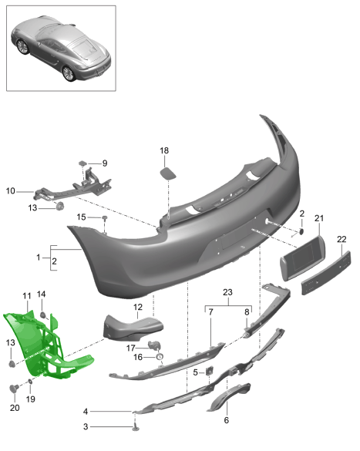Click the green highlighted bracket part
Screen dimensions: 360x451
43,345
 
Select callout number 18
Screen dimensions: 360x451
164,150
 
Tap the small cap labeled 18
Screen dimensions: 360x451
168,174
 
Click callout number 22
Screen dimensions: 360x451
341,239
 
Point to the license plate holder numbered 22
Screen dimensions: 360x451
326,273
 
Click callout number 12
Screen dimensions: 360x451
138,307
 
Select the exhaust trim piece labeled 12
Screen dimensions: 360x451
133,328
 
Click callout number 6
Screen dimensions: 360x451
227,420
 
